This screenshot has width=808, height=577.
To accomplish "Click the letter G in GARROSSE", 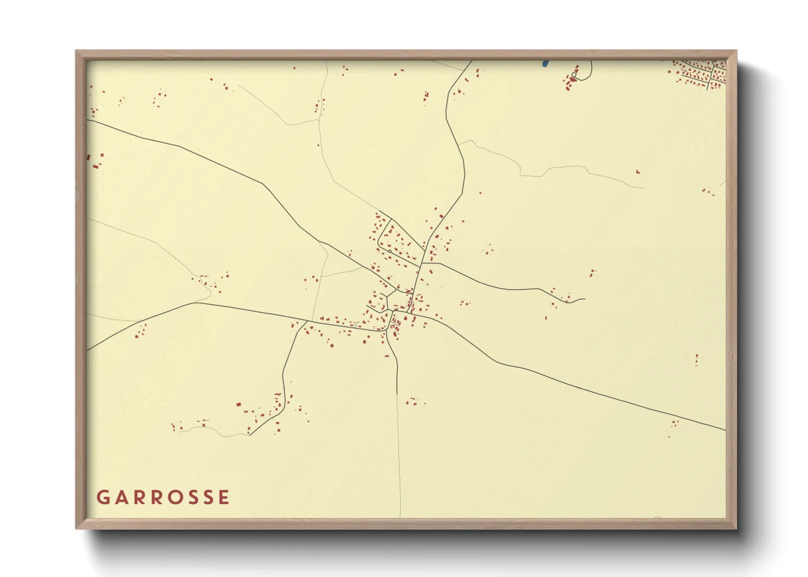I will [x=102, y=497].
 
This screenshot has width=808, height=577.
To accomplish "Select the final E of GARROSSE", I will [x=223, y=497].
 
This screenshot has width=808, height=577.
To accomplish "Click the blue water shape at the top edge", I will [x=545, y=63].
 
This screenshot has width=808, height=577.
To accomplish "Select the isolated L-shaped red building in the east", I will [x=637, y=172].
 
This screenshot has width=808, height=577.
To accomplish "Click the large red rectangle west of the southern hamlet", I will [x=238, y=404].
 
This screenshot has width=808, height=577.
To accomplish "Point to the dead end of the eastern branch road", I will [x=584, y=298].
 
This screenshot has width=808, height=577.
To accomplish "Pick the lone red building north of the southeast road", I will [x=696, y=359].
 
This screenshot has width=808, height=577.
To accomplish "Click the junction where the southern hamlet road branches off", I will [x=306, y=321].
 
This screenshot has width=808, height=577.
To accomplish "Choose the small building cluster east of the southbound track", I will [x=415, y=402].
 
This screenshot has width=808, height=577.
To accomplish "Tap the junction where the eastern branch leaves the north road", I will [x=422, y=263].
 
